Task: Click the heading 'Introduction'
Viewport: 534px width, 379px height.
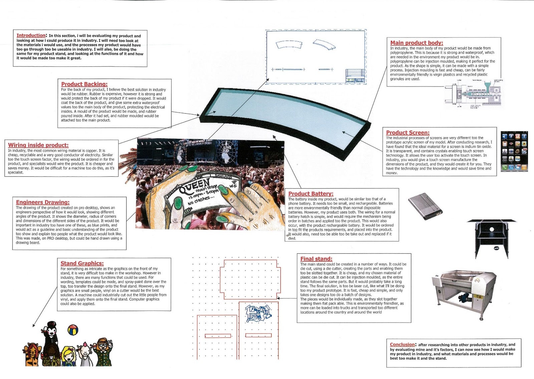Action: click(31, 35)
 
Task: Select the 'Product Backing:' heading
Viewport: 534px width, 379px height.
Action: click(84, 84)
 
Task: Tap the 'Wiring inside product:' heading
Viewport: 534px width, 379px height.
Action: click(38, 145)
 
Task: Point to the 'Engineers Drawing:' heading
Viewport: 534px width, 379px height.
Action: click(43, 202)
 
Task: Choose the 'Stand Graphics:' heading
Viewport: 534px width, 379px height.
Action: click(82, 263)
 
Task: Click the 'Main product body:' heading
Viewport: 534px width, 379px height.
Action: click(417, 43)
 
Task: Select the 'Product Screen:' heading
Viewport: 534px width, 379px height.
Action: click(408, 133)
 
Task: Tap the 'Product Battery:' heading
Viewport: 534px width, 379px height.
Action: click(311, 194)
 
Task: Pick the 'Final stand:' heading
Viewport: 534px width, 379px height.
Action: click(316, 259)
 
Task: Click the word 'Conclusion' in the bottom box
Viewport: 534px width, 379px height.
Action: click(402, 345)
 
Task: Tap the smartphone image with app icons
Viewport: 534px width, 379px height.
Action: click(514, 151)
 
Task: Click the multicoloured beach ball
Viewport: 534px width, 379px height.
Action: click(73, 330)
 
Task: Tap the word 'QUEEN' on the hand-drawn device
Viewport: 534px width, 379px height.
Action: click(195, 186)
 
